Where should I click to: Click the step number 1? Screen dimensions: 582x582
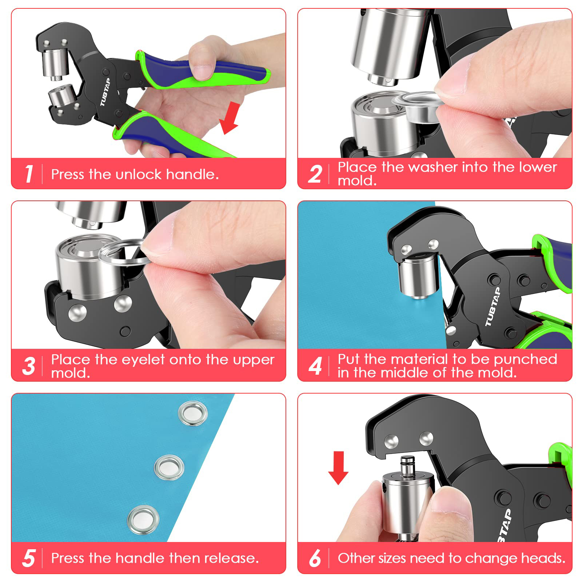pyautogui.click(x=29, y=174)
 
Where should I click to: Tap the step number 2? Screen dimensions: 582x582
pyautogui.click(x=315, y=174)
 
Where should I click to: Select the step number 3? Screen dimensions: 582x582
pyautogui.click(x=29, y=366)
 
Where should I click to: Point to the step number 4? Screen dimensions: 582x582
pyautogui.click(x=315, y=366)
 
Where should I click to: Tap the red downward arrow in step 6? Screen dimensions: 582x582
pyautogui.click(x=338, y=468)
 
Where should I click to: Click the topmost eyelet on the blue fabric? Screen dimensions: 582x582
pyautogui.click(x=193, y=413)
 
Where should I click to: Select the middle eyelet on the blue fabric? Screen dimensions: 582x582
pyautogui.click(x=169, y=467)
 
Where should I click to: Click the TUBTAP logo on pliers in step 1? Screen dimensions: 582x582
pyautogui.click(x=105, y=92)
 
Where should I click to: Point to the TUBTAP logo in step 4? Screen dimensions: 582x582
pyautogui.click(x=493, y=306)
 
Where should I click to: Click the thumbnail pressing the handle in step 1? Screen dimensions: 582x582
pyautogui.click(x=202, y=72)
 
